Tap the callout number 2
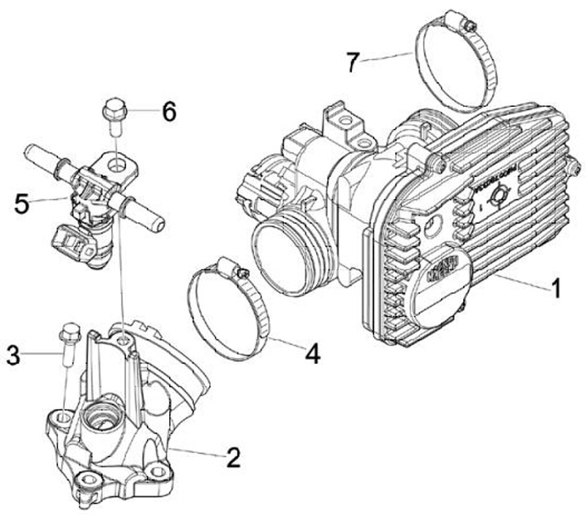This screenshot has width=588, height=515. point(233,458)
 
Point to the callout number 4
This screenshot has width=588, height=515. point(312,353)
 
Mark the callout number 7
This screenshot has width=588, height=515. point(353,62)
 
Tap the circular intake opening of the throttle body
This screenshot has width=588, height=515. point(280,255)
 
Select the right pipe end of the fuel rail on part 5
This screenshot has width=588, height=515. point(153,218)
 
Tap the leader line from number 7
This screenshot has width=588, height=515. point(391,57)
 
